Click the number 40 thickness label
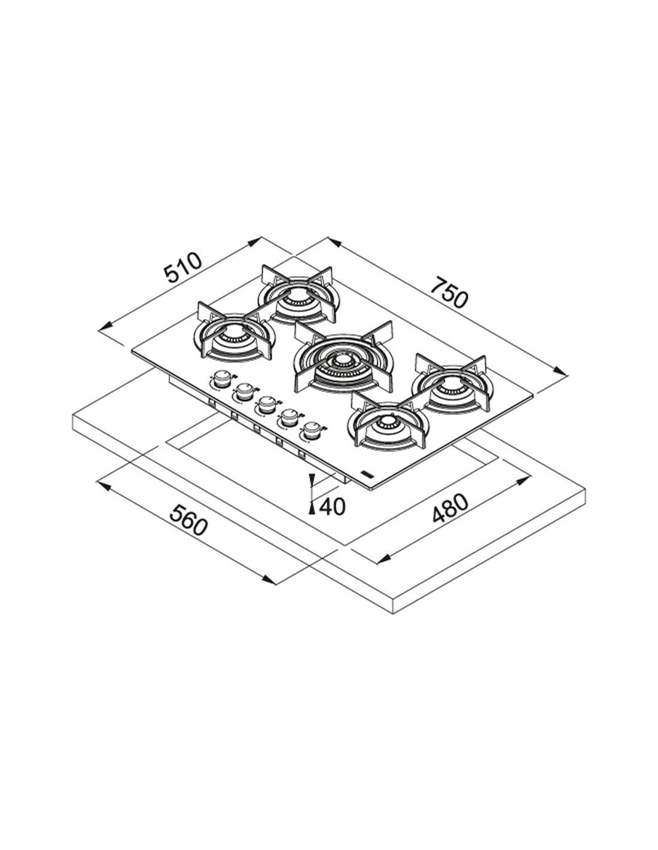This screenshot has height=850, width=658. (x=333, y=506)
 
